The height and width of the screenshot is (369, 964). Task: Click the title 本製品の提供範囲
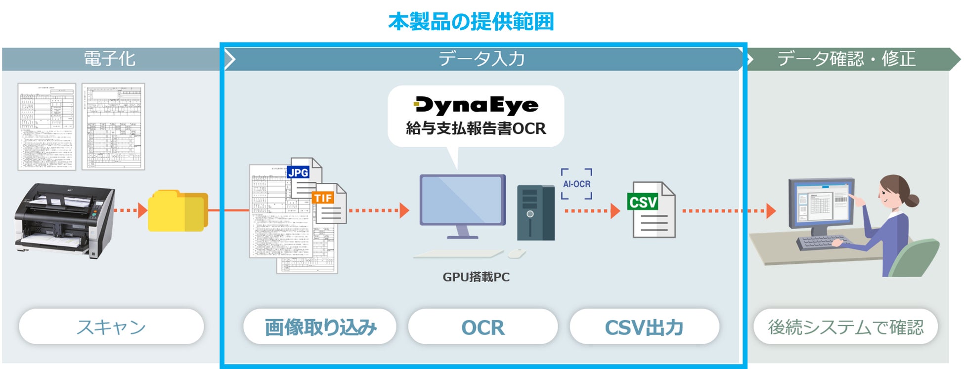pos(471,22)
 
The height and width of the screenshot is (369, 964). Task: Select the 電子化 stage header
pos(109,59)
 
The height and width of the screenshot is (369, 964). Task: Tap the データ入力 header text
pos(482,59)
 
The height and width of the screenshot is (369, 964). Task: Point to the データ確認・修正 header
pos(846,59)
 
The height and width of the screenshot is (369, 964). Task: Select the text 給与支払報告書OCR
pos(476,128)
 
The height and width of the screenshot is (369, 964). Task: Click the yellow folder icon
pos(177,211)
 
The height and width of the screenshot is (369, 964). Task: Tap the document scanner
pos(64,220)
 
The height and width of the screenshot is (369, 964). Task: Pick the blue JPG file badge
pos(298,172)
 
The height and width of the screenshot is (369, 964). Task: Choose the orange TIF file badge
pos(323,198)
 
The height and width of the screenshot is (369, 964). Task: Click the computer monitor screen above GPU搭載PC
pos(462,200)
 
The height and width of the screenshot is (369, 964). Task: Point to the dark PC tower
pos(536,212)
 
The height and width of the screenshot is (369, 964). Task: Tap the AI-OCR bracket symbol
pos(576,184)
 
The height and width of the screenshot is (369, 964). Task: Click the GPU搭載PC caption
pos(476,277)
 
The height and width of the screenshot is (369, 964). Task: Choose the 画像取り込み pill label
pos(320,327)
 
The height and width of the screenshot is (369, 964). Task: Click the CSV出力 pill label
pos(644,327)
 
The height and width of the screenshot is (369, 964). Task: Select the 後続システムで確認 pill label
pos(845,327)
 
